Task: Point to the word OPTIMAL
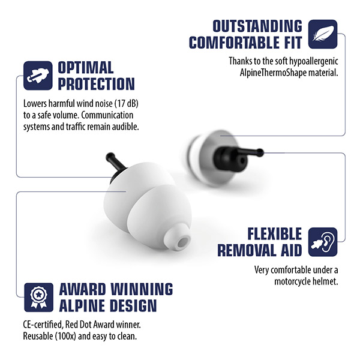[86, 67]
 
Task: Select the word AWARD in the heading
[85, 289]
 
